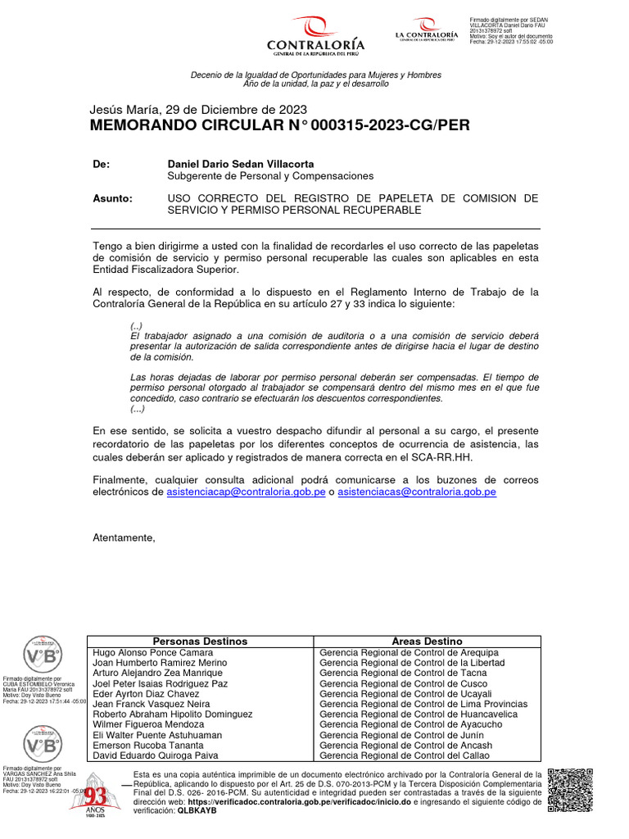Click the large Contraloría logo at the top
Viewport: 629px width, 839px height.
coord(315,35)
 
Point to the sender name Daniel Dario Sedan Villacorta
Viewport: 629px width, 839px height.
coord(240,164)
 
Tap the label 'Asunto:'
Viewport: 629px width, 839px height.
coord(111,198)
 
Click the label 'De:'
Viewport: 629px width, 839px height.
coord(102,164)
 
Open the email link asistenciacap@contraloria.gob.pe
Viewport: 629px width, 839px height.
coord(246,492)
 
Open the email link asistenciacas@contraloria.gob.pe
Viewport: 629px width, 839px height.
coord(417,492)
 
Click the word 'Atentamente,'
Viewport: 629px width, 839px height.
coord(124,537)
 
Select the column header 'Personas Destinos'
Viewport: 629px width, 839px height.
coord(200,641)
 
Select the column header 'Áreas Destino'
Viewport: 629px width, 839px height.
coord(427,641)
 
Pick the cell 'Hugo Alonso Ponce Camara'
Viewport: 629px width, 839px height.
coord(153,652)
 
